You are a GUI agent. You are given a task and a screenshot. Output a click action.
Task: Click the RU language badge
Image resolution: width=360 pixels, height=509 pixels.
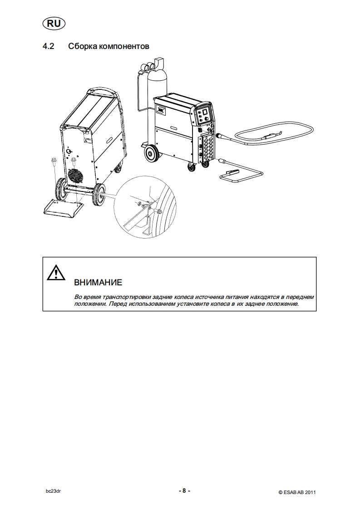click(54, 24)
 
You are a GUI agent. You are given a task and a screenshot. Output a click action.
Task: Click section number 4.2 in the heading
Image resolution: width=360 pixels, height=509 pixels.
click(48, 46)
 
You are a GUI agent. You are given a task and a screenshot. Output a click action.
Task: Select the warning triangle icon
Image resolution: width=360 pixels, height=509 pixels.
click(56, 273)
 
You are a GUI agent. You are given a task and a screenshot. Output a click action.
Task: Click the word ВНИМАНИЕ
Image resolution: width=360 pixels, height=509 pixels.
click(98, 283)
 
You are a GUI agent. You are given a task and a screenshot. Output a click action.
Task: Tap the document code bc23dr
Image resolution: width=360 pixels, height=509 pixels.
click(53, 491)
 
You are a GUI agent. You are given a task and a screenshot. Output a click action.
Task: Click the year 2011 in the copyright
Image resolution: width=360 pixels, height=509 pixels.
click(311, 493)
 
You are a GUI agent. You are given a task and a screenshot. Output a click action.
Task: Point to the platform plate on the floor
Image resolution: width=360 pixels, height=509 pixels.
click(63, 208)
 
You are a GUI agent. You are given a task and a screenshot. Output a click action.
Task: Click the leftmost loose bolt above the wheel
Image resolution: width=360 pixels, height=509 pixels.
click(53, 162)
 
